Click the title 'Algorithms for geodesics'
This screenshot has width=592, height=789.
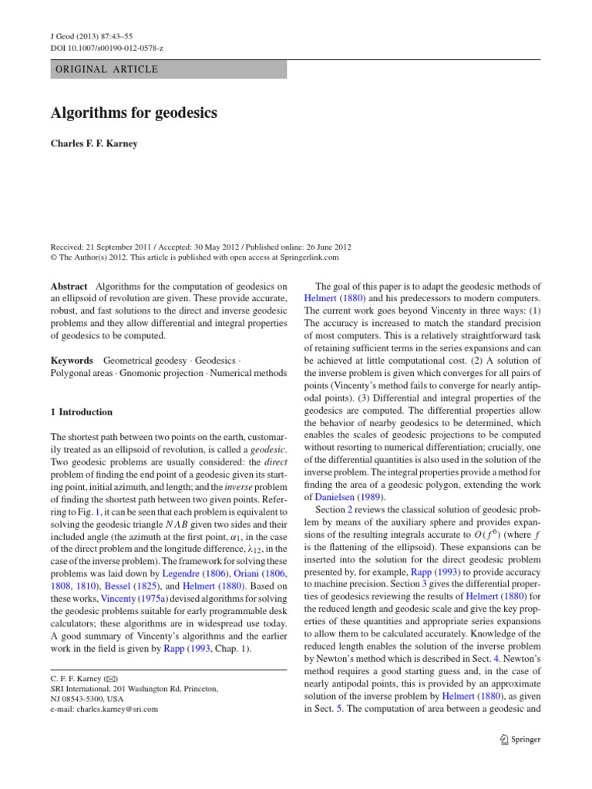coord(134,113)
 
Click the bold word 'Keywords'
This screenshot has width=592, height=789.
coord(72,360)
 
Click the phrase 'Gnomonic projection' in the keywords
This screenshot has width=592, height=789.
coord(157,374)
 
